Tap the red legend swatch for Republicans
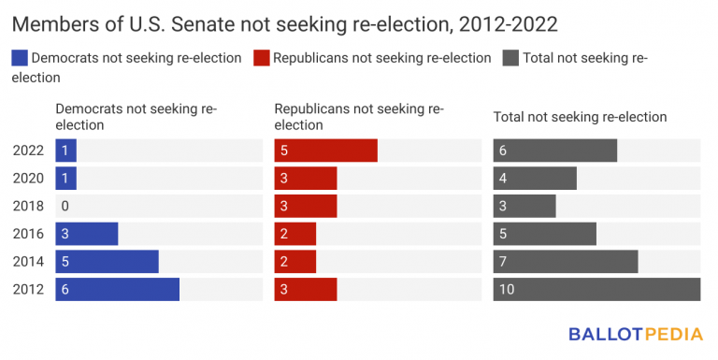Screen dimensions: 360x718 [x=261, y=58]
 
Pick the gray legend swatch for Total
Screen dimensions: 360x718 [x=510, y=58]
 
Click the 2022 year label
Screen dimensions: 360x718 [x=28, y=151]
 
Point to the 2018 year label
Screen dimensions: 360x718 [x=28, y=206]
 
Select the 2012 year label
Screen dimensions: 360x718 [x=28, y=289]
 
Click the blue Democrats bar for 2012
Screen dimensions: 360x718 [x=117, y=289]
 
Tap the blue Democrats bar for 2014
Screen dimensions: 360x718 [x=107, y=261]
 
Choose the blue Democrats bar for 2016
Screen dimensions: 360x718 [x=86, y=234]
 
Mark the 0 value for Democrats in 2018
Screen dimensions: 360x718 [x=65, y=206]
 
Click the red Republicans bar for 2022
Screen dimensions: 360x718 [x=325, y=151]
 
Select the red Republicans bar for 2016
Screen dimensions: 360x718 [x=294, y=234]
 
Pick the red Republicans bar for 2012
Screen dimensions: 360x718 [x=305, y=289]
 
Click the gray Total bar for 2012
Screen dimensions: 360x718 [x=596, y=289]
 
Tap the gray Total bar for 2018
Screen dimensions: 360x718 [x=524, y=206]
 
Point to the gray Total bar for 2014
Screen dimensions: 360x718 [x=566, y=261]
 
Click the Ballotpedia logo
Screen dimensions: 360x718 [x=634, y=334]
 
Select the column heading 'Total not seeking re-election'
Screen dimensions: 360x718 [x=580, y=117]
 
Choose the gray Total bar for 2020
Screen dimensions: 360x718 [x=535, y=179]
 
